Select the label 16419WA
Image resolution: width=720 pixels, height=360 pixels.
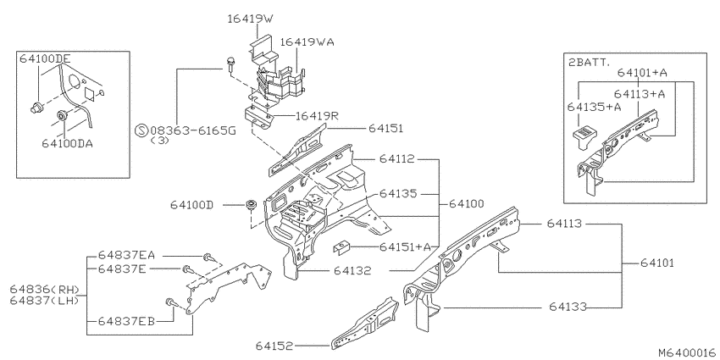click(307, 42)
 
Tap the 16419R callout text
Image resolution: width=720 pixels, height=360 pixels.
click(317, 116)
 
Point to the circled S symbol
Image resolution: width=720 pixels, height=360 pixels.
click(141, 130)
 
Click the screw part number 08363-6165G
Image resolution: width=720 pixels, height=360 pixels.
click(192, 130)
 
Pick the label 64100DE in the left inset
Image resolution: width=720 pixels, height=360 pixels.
click(45, 58)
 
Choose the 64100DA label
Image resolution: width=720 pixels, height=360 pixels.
click(67, 144)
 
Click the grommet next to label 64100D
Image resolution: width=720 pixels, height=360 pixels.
click(252, 205)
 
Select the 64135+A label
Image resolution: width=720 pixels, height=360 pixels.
click(594, 107)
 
